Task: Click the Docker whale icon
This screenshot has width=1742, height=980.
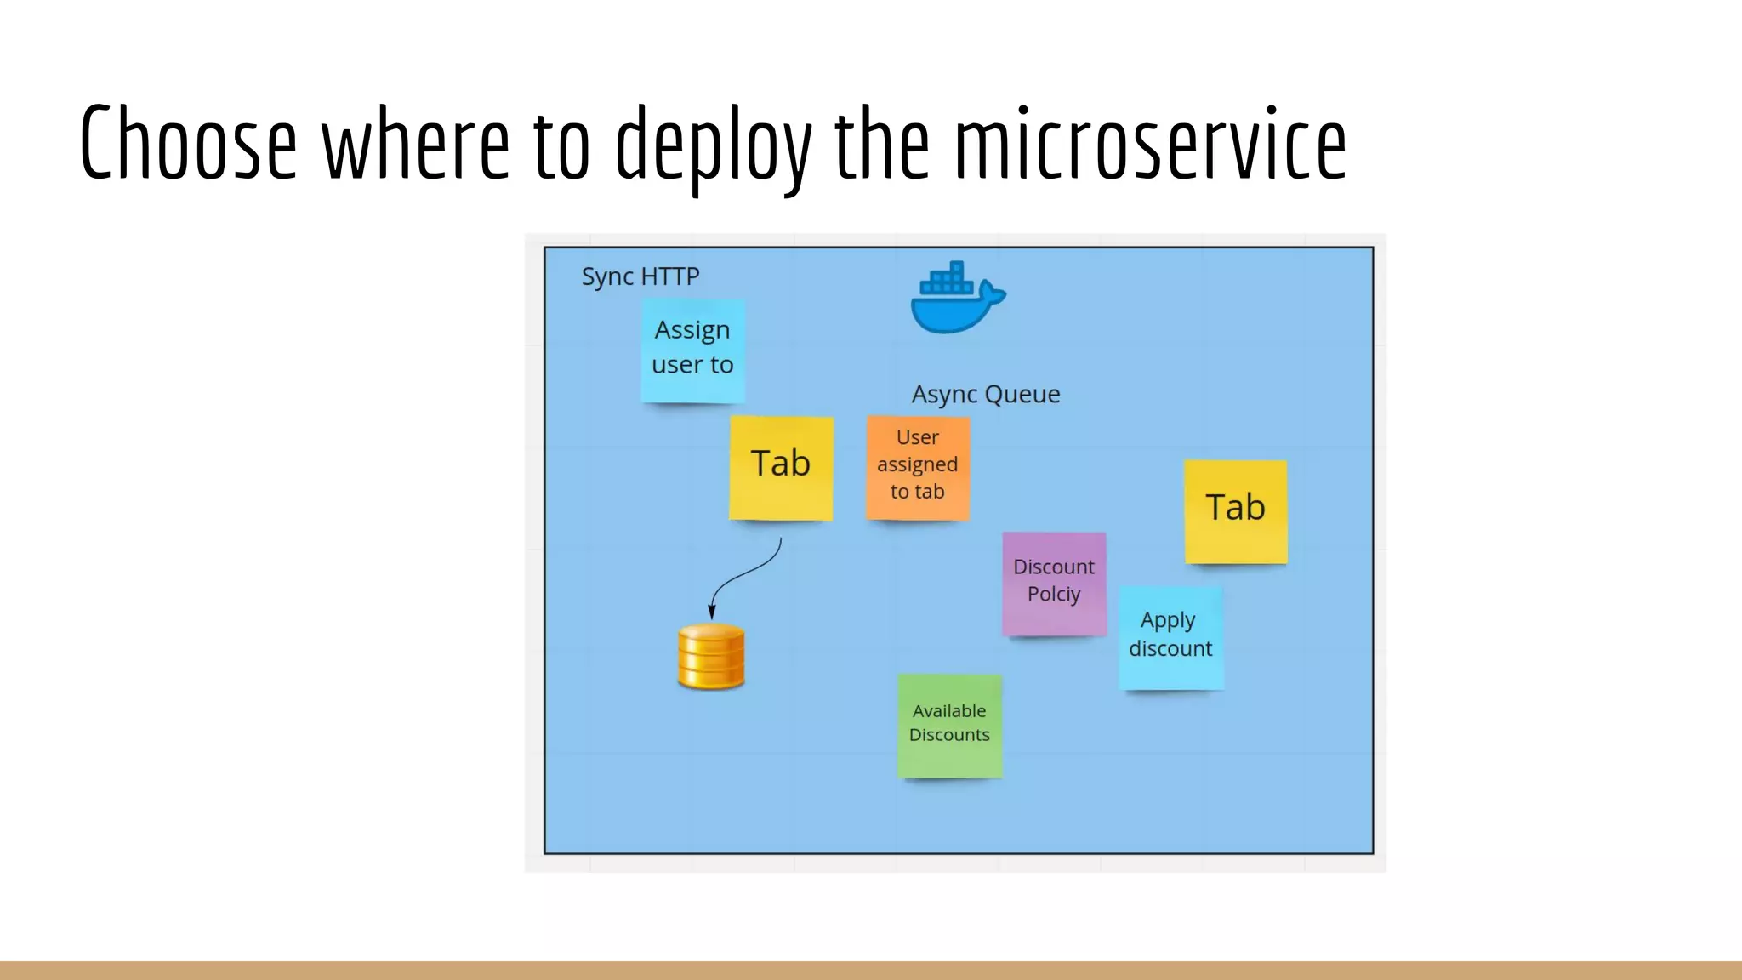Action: [x=956, y=299]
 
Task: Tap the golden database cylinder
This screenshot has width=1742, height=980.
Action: [x=711, y=657]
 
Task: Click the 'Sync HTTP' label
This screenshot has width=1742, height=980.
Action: [x=640, y=276]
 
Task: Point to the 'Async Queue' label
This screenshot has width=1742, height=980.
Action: [x=986, y=394]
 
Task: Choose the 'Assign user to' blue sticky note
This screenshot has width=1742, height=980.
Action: [x=692, y=350]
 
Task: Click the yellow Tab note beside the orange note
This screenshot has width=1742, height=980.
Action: [x=780, y=466]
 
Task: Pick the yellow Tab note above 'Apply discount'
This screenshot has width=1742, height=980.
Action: [x=1235, y=510]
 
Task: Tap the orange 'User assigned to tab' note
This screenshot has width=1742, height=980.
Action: [x=917, y=466]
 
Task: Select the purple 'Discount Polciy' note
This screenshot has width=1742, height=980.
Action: [x=1053, y=583]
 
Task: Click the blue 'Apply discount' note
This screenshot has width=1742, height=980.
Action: [x=1170, y=636]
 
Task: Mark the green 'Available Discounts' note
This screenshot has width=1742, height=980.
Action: [x=949, y=725]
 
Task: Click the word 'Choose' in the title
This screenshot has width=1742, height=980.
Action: [x=188, y=143]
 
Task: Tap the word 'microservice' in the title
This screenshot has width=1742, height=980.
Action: [x=1150, y=143]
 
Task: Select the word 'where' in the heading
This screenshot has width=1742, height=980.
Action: [x=415, y=143]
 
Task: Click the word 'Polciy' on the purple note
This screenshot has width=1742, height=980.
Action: [x=1053, y=594]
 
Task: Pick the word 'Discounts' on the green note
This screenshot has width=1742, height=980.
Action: [x=949, y=735]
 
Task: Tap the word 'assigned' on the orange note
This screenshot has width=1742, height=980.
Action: [x=917, y=464]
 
